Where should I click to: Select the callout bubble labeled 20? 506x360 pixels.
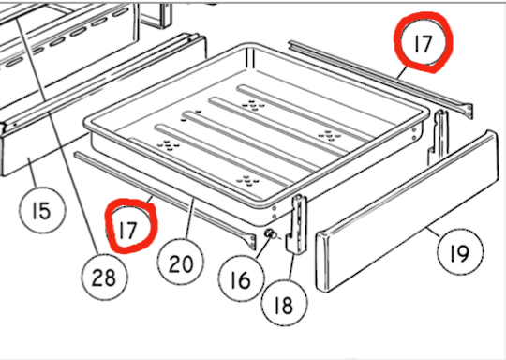click(x=181, y=261)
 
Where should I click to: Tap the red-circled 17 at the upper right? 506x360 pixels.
click(x=424, y=42)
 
